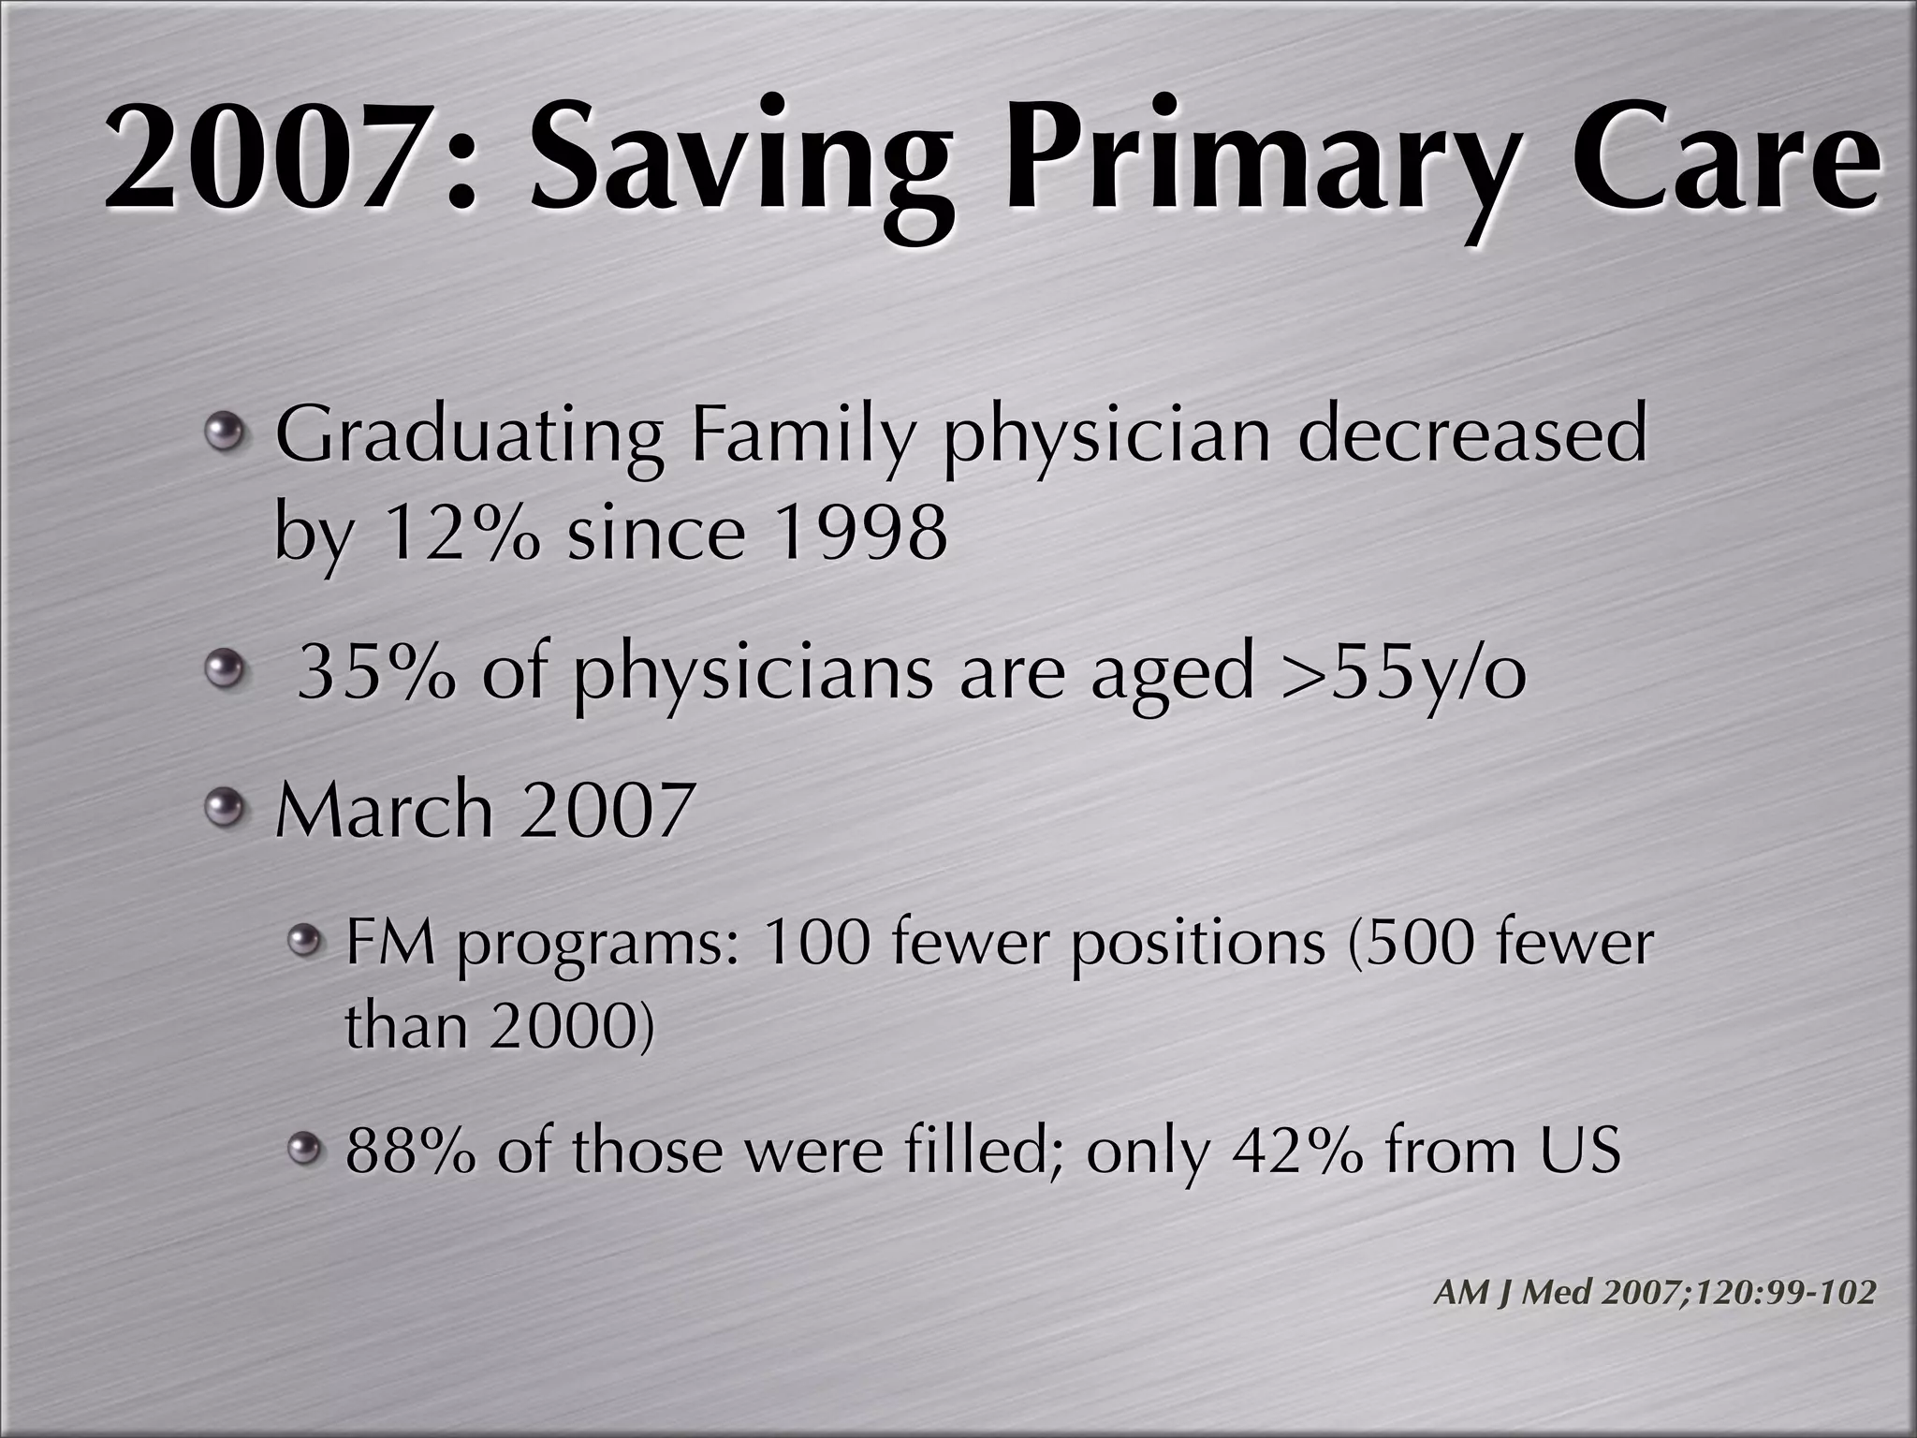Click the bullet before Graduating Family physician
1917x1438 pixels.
tap(226, 433)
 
